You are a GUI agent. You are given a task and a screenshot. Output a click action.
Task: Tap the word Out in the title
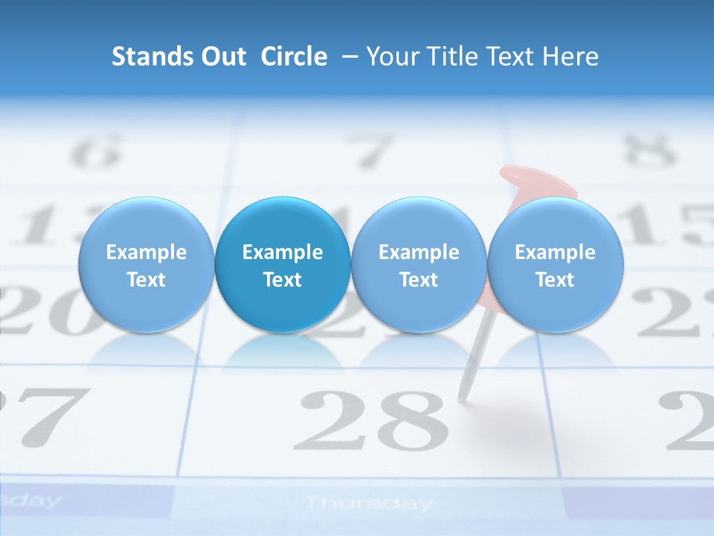click(221, 57)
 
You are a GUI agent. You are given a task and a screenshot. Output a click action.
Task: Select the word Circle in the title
click(294, 57)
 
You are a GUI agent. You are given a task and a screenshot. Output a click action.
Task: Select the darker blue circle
click(283, 265)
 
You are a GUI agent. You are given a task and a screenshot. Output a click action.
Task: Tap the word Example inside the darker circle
click(283, 252)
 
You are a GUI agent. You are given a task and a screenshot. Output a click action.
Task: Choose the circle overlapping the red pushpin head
click(556, 265)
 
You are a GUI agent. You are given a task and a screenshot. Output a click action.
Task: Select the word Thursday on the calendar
click(368, 503)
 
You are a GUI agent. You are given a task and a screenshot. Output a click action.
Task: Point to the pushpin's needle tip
click(461, 399)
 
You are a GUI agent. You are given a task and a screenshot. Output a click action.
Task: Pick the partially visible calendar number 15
click(669, 223)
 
